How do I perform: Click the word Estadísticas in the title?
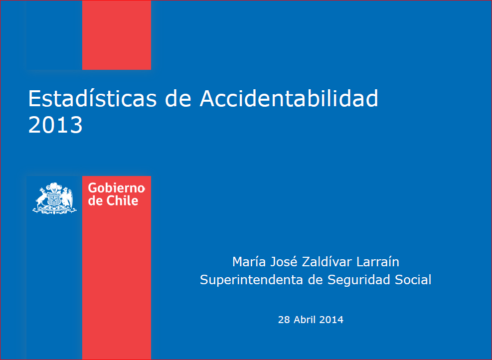tap(93, 98)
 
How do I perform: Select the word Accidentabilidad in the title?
tap(289, 98)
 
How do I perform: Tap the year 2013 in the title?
tap(55, 125)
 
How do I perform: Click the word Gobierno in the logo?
tap(116, 188)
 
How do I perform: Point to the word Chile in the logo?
tap(122, 201)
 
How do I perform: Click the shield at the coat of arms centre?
tap(55, 199)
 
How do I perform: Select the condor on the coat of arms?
tap(67, 198)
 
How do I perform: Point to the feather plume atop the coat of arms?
tap(54, 187)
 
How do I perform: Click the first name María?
tap(249, 262)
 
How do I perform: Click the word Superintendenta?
tap(251, 280)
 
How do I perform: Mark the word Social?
tap(413, 280)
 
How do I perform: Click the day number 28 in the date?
tap(284, 320)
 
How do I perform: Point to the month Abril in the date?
tap(305, 320)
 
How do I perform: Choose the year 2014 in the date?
tap(331, 320)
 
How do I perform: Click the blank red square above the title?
tap(117, 35)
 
